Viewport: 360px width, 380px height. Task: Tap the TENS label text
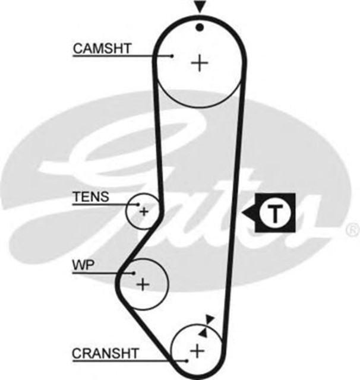coord(90,197)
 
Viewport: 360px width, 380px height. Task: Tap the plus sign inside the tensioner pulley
coord(143,210)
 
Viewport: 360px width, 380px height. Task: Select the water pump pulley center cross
coord(143,284)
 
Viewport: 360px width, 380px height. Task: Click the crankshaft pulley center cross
coord(197,350)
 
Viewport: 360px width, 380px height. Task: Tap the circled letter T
coord(274,213)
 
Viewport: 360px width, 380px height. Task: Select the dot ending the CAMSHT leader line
coord(172,56)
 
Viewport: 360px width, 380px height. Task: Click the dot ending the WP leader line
coord(136,274)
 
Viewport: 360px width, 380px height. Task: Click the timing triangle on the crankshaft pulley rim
coord(203,333)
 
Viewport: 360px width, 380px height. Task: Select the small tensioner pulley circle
coord(143,210)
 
